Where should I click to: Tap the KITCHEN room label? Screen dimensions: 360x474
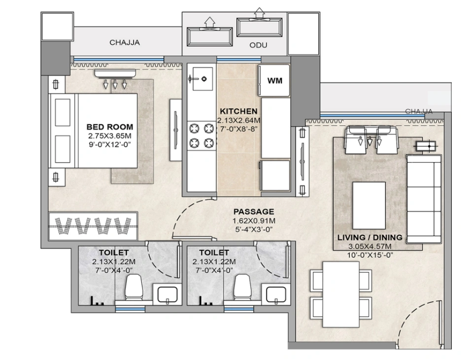pos(238,111)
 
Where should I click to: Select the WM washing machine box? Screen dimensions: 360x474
pos(274,80)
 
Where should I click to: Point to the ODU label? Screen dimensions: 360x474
pos(258,45)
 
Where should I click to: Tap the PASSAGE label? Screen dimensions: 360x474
pos(254,212)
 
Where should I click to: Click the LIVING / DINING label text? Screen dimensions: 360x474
pos(370,237)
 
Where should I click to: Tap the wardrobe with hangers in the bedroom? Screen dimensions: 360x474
pos(93,226)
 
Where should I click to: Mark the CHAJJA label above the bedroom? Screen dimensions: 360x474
pos(125,42)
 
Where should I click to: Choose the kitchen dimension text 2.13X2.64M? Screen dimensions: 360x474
pos(238,120)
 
